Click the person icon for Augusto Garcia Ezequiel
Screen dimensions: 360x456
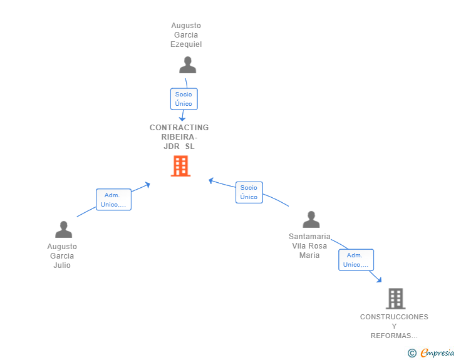187,65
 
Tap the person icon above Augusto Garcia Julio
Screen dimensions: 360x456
63,230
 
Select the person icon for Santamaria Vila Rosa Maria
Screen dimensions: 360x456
311,220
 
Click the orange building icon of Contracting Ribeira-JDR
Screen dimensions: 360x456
180,166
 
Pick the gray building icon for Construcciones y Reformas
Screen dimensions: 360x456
395,299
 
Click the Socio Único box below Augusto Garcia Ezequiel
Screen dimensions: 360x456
184,99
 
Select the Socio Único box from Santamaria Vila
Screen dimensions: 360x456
249,192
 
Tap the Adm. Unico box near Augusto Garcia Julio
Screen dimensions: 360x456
113,200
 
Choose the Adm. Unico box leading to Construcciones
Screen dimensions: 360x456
356,260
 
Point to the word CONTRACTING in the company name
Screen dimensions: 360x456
179,128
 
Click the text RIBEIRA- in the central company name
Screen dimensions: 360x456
179,137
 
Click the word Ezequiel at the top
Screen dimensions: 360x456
186,44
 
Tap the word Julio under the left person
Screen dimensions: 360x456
62,265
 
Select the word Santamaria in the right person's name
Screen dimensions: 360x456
309,237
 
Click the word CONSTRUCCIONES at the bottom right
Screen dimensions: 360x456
394,317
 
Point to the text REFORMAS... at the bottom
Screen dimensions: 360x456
394,336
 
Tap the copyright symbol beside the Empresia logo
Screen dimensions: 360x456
412,353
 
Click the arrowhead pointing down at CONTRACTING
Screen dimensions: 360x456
182,118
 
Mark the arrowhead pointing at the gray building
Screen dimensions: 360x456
378,280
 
